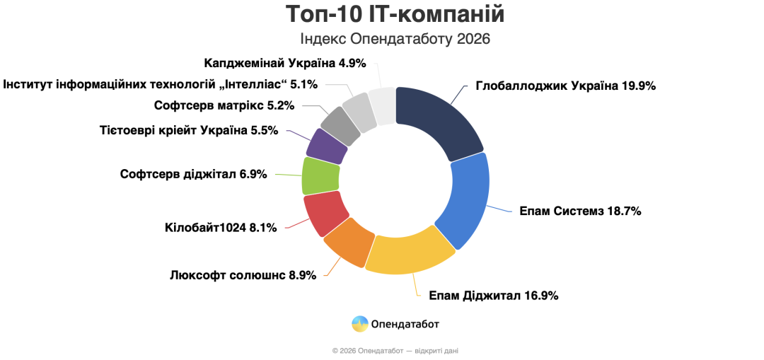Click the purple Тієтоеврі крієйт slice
(327, 146)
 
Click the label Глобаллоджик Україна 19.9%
(566, 86)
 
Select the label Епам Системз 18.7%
(580, 211)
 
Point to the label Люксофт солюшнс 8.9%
(243, 275)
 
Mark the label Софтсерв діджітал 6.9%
(193, 174)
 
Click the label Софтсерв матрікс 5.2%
(224, 106)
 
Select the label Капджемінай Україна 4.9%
(285, 63)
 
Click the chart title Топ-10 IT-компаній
(395, 14)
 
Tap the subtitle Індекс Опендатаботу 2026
(395, 38)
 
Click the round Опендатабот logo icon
(360, 324)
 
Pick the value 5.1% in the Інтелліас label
(304, 84)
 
